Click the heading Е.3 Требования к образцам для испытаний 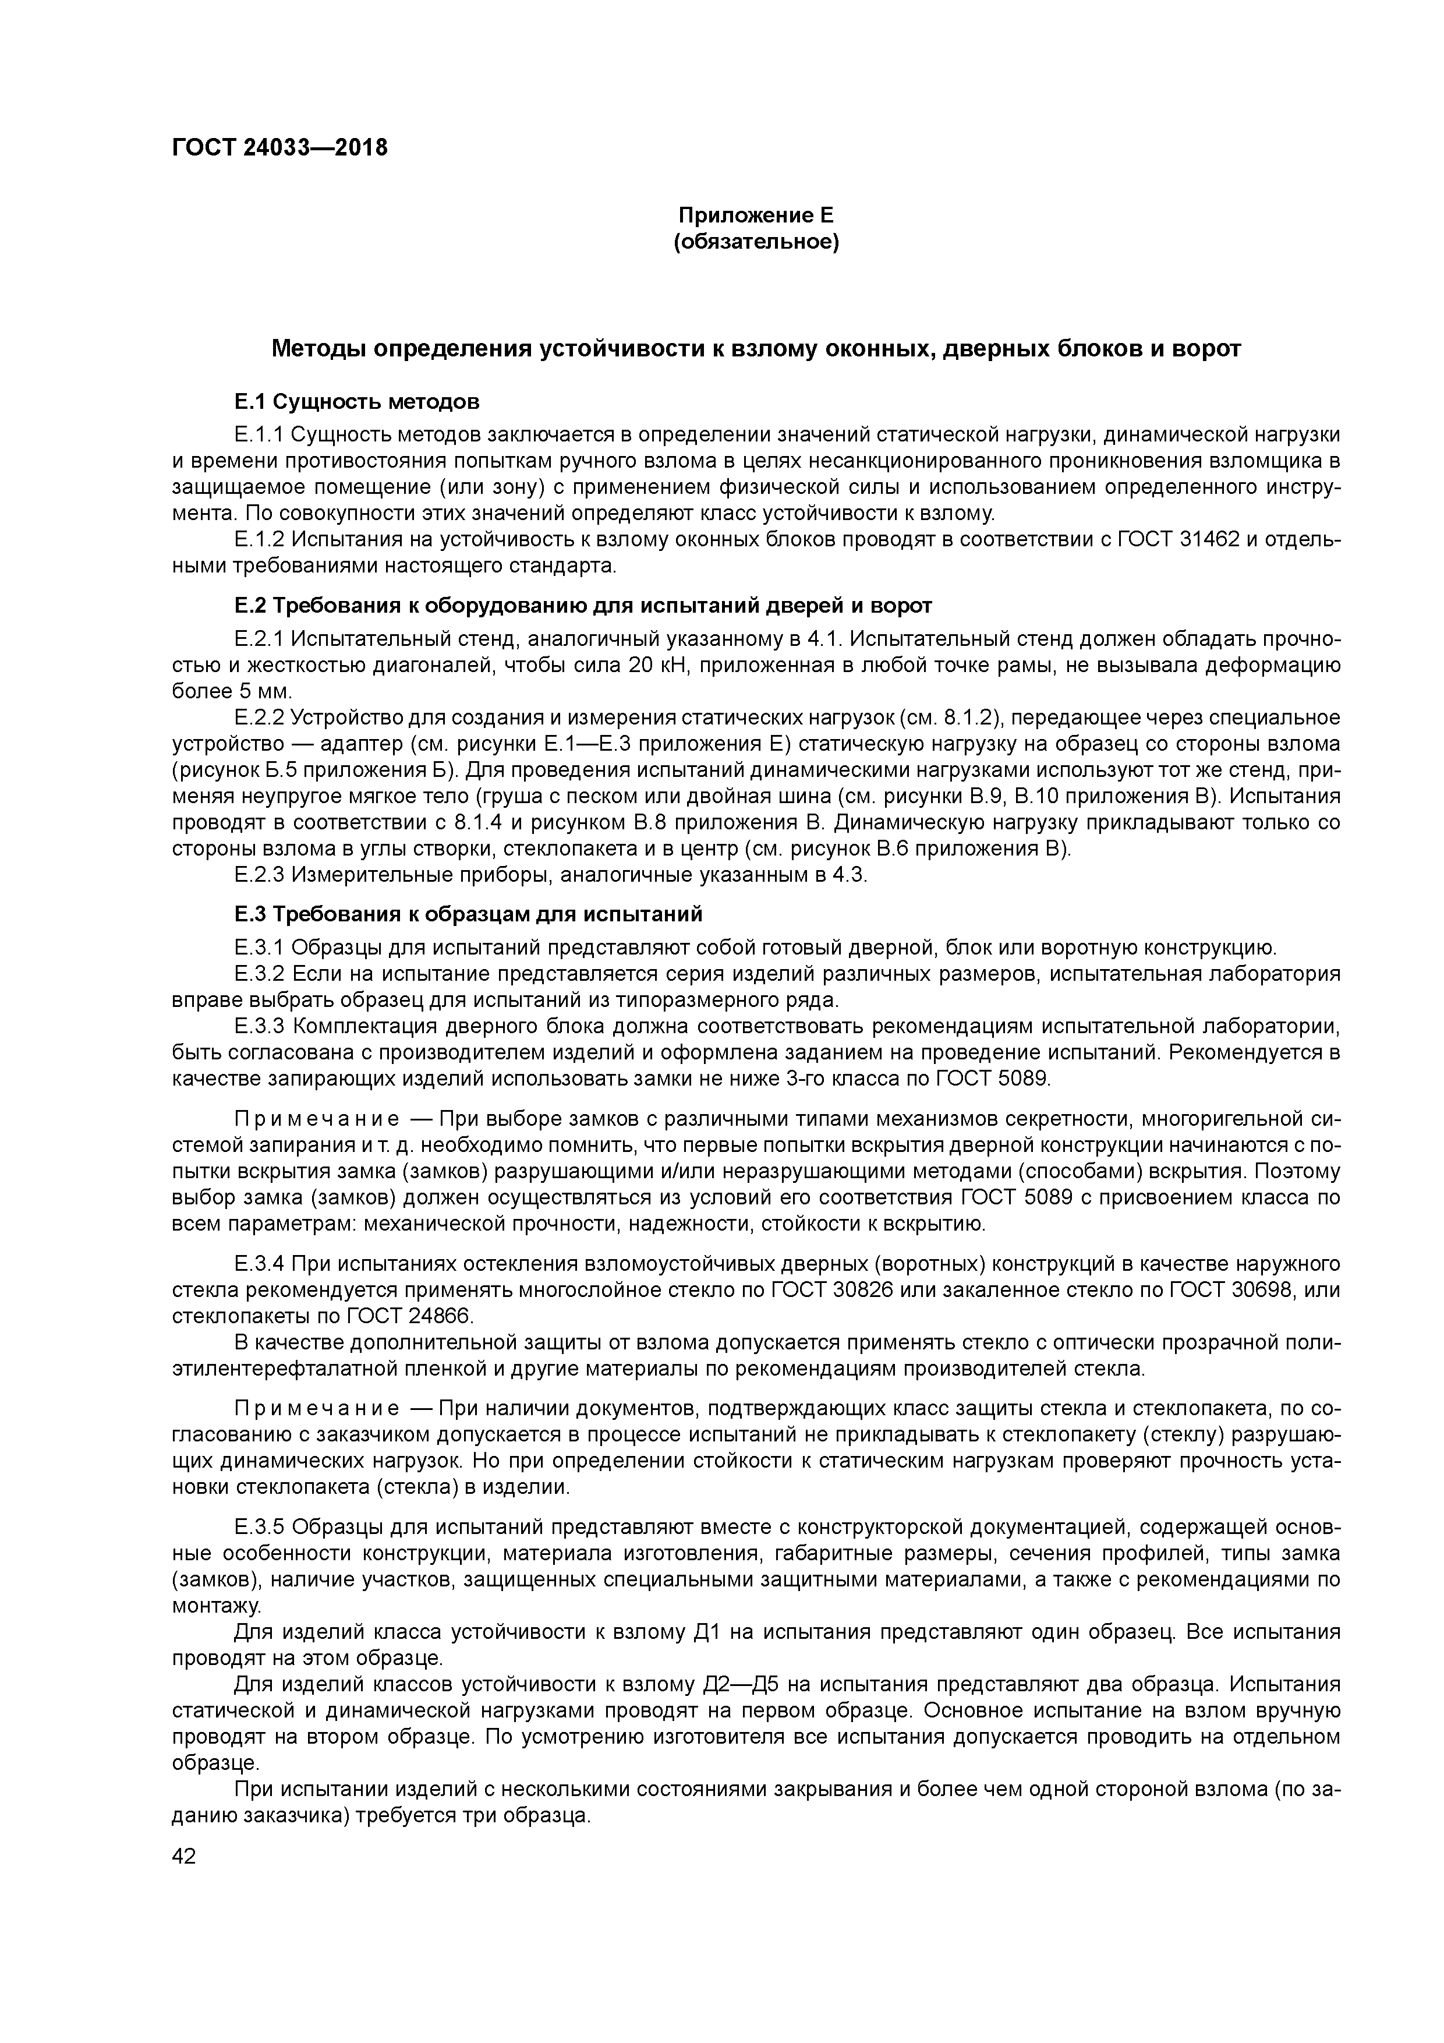click(468, 914)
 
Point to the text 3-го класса click(875, 1079)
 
